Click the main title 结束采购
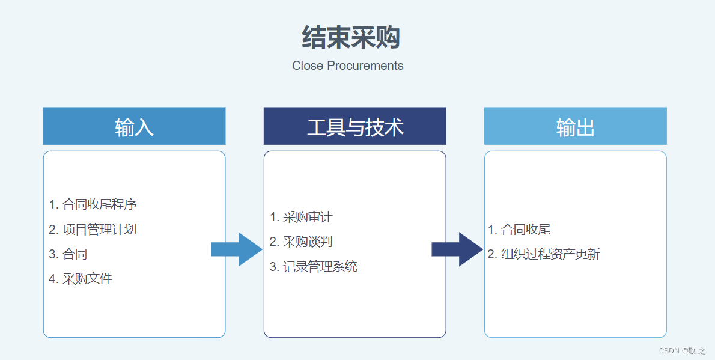(351, 38)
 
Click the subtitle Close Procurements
(347, 66)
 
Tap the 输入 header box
(134, 126)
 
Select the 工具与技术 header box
(354, 126)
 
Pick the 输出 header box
(575, 126)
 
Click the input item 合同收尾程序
(93, 204)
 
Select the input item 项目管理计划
(93, 229)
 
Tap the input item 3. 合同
(68, 254)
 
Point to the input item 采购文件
(81, 279)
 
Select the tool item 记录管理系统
(314, 266)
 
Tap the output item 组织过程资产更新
(544, 254)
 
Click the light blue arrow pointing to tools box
(237, 249)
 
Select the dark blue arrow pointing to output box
(457, 249)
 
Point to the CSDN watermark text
(682, 351)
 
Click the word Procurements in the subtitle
(365, 66)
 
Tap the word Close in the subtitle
(308, 66)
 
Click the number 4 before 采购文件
(53, 279)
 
